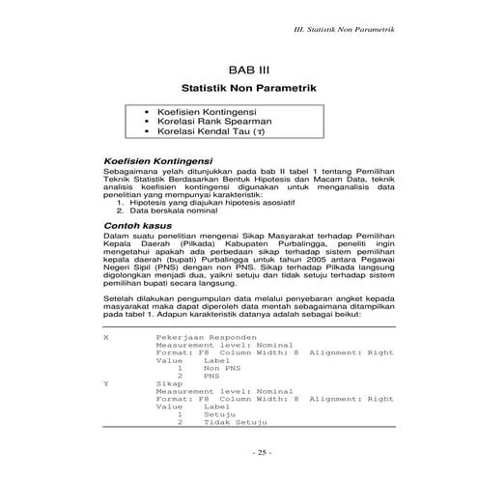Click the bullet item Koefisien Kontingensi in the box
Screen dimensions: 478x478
pyautogui.click(x=209, y=112)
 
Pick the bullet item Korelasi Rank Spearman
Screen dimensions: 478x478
pyautogui.click(x=213, y=122)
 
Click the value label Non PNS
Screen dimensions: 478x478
pyautogui.click(x=221, y=368)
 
